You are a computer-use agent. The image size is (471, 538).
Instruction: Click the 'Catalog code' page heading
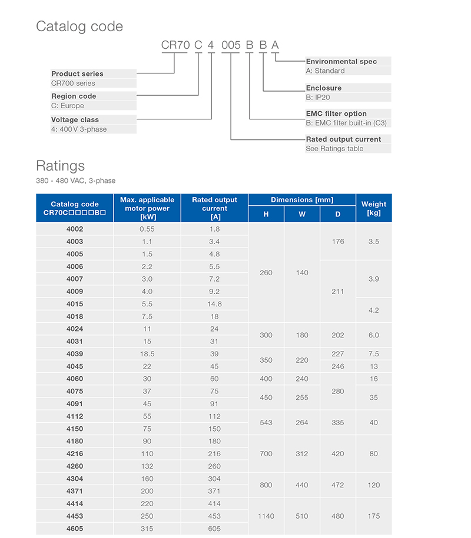pos(79,26)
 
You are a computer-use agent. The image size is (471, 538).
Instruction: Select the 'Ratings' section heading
pos(60,165)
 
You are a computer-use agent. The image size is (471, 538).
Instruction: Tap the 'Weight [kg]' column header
pos(373,208)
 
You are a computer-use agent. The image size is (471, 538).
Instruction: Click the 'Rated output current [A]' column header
pos(214,208)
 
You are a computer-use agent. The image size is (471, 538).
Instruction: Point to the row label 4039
pos(75,354)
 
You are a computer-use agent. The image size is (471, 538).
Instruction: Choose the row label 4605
pos(75,529)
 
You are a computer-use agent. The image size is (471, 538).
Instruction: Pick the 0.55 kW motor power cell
pos(147,229)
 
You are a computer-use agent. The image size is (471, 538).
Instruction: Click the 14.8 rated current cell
pos(214,304)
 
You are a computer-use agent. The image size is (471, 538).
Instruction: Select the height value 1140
pos(266,516)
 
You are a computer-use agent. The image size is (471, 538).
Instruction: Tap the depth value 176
pos(338,242)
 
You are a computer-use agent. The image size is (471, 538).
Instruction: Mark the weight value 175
pos(373,516)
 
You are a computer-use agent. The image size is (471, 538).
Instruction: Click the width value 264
pos(302,422)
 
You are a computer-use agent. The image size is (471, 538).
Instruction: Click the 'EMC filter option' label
pos(336,113)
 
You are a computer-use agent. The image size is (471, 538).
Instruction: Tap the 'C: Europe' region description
pos(68,106)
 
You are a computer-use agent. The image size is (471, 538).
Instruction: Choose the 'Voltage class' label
pos(75,119)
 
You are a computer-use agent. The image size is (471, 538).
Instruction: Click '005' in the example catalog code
pos(230,45)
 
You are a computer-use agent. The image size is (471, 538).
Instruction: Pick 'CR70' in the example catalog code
pos(174,45)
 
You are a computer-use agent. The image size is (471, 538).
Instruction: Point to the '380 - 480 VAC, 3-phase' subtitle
pos(76,181)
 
